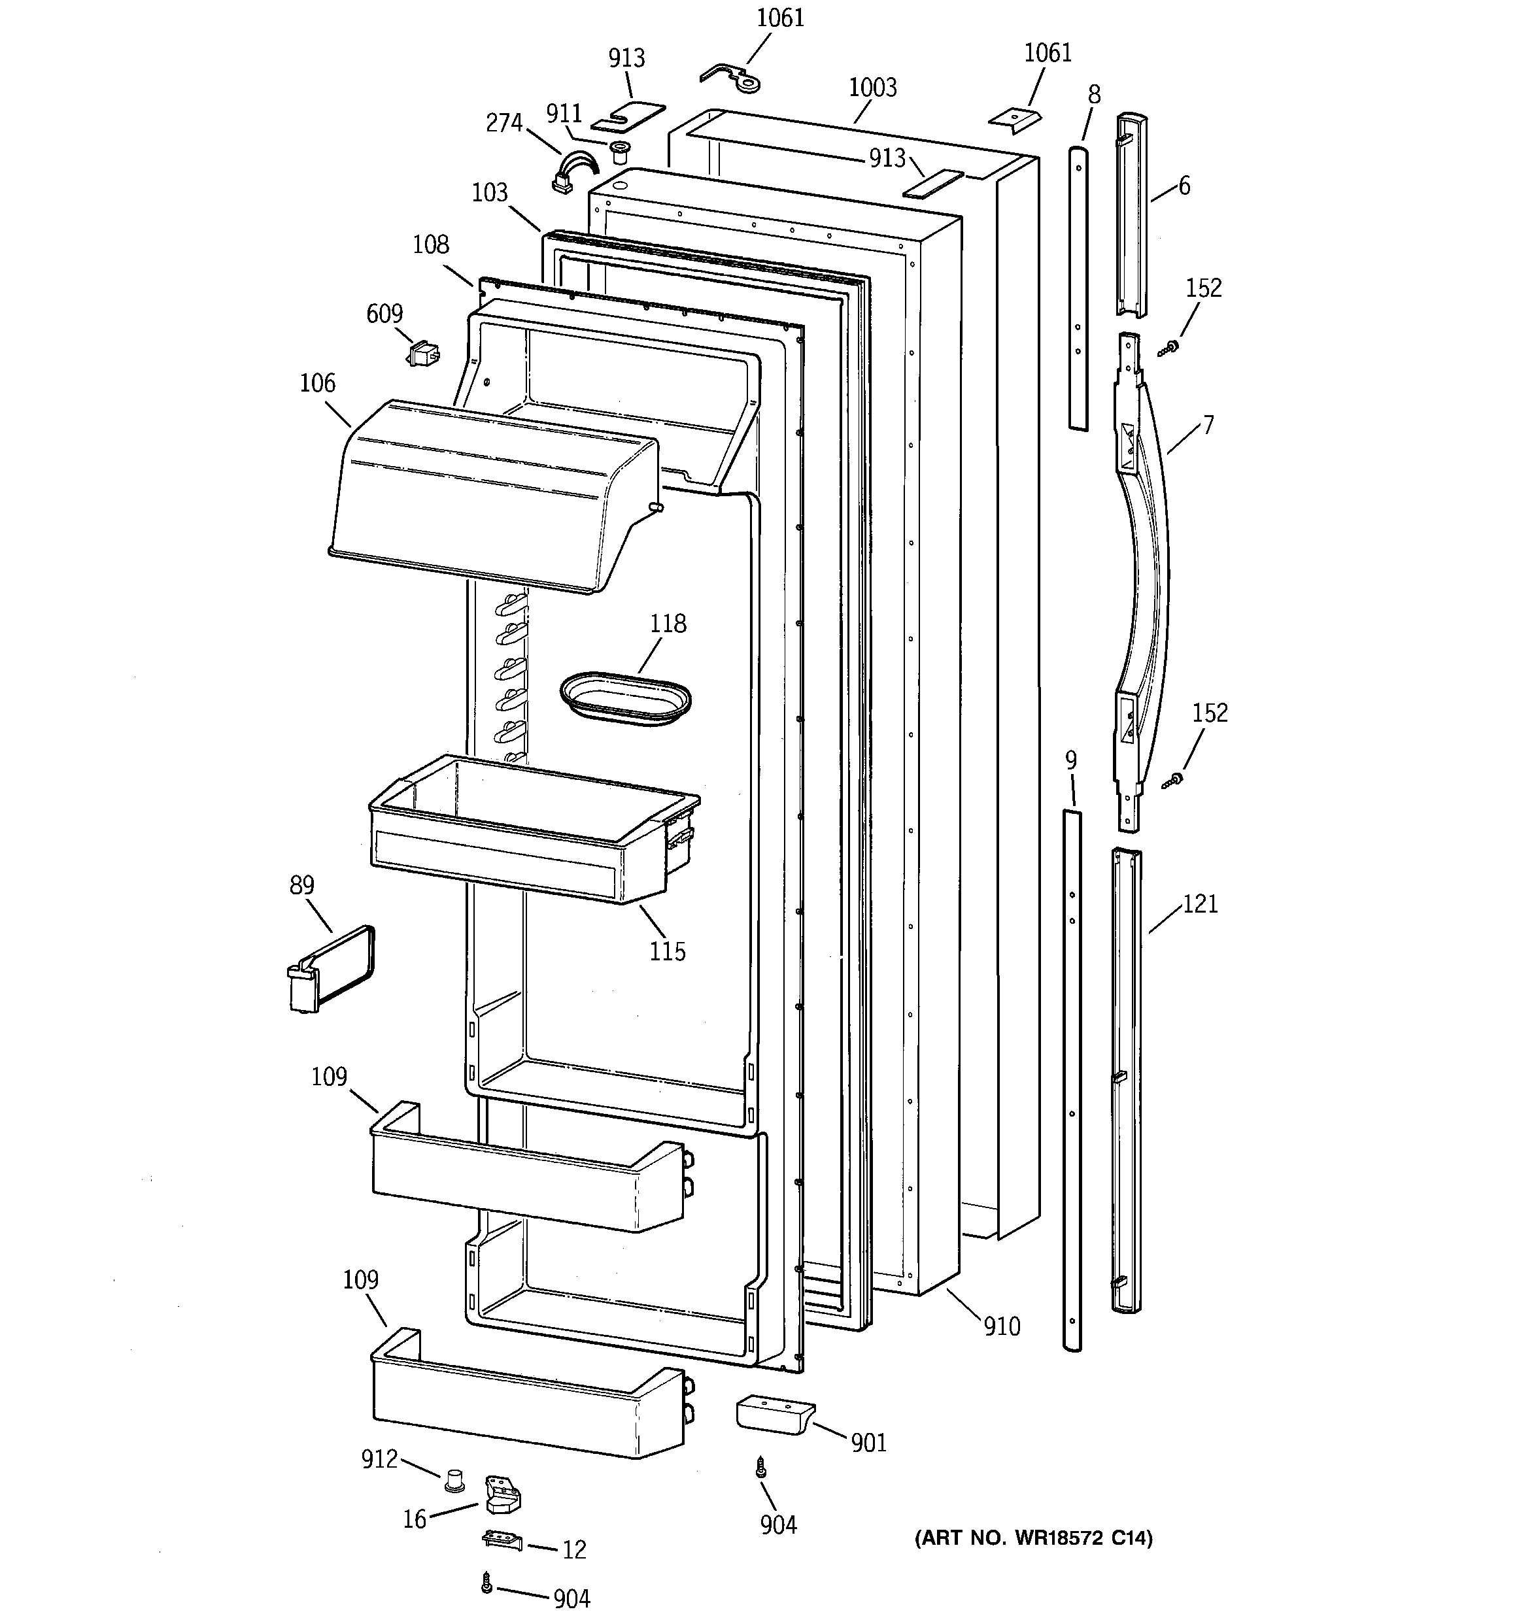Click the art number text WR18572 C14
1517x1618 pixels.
click(x=1032, y=1538)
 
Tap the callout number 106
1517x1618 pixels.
click(x=316, y=382)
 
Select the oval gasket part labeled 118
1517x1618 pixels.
click(x=624, y=698)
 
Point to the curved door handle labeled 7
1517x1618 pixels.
click(x=1144, y=569)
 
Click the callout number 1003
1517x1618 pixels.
click(x=872, y=88)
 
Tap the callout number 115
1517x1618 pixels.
click(x=667, y=951)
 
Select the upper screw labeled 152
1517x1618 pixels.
click(x=1168, y=348)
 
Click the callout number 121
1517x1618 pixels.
click(x=1199, y=903)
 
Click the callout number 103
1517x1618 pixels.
click(x=489, y=193)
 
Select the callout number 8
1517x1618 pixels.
click(x=1093, y=95)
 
